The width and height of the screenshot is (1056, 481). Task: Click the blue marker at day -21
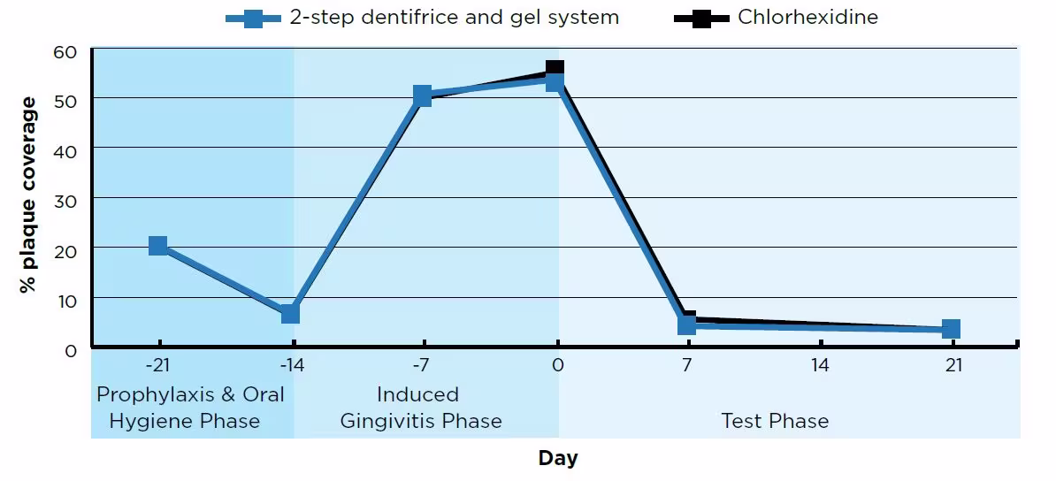(158, 246)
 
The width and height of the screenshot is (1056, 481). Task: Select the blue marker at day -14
(290, 314)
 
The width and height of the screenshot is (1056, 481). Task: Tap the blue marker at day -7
(423, 95)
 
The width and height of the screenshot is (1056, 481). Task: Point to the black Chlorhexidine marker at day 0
(555, 68)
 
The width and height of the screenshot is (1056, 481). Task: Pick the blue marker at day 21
(951, 329)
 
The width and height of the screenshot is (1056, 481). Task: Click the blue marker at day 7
(687, 324)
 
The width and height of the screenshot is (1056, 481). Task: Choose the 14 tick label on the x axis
(820, 365)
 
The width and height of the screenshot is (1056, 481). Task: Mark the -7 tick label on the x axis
(422, 365)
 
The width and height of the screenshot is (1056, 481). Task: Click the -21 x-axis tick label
(157, 365)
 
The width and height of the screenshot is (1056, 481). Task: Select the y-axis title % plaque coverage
(30, 195)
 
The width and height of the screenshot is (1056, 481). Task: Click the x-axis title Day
(557, 458)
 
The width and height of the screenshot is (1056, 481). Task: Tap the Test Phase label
(775, 421)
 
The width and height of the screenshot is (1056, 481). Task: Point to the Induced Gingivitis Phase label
(421, 408)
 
